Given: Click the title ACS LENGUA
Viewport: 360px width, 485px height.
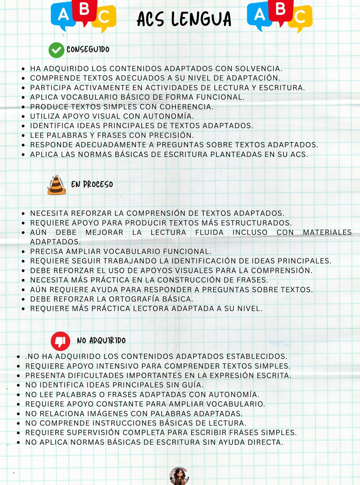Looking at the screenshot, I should pos(184,19).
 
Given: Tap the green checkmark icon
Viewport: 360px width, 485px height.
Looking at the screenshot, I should pos(56,50).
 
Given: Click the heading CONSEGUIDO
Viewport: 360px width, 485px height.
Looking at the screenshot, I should pos(88,49).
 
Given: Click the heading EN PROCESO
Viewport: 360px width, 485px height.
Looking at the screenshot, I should pos(92,184).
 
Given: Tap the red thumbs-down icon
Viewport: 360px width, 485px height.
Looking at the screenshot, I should pos(60,341).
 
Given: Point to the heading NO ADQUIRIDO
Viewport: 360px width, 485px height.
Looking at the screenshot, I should pos(101,341).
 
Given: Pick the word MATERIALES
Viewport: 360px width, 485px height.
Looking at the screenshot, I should pos(327,232).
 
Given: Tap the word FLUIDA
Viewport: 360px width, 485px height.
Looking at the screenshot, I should pos(209,232).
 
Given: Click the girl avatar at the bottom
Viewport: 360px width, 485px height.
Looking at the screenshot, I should pos(179,476).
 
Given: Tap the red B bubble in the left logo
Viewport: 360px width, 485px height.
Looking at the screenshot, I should pos(84,11).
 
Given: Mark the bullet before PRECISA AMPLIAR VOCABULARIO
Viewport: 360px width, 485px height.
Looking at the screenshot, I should pos(23,252).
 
